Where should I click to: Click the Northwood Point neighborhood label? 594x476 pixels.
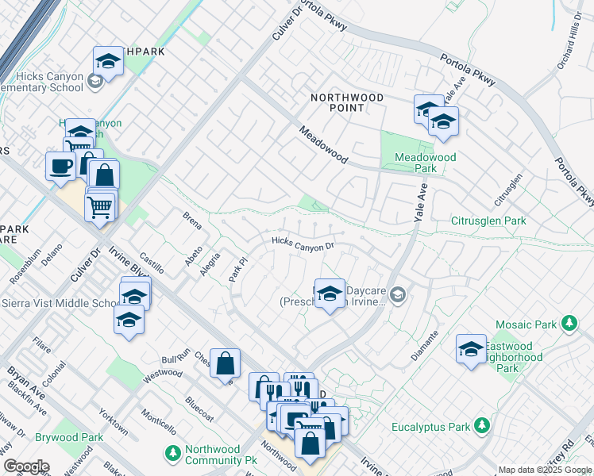pos(346,104)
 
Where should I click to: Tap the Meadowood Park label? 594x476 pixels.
pos(426,163)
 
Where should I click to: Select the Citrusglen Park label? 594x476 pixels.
pos(488,220)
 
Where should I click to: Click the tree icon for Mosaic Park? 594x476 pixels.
pos(569,324)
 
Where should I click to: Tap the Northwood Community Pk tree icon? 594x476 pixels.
pos(173,454)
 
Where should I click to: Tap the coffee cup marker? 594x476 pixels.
pos(61,167)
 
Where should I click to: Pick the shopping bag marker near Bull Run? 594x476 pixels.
pos(226,364)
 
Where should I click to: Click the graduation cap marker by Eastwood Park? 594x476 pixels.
pos(471,349)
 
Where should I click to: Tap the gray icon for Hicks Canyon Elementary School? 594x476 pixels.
pos(94,80)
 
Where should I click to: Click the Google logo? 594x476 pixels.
pos(26,466)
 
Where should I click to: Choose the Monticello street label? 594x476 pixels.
pos(159,422)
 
